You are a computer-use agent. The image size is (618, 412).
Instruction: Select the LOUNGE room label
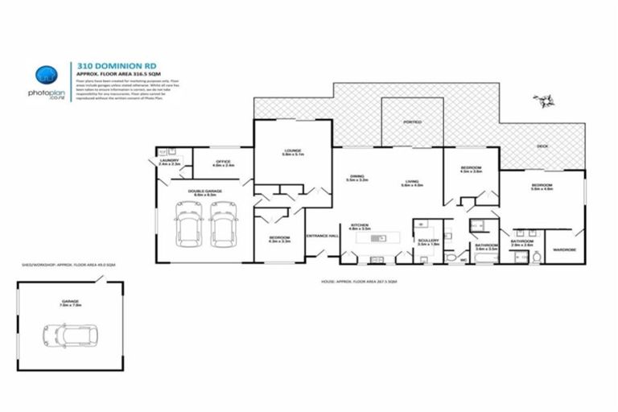[292, 150]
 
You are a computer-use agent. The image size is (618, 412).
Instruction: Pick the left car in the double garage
[189, 224]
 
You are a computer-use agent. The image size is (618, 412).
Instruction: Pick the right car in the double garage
[222, 224]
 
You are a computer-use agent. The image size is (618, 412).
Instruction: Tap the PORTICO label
[411, 122]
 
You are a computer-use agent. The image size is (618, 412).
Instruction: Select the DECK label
[542, 146]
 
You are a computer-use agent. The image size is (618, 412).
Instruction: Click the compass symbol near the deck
[545, 100]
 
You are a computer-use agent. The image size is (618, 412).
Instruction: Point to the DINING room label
[356, 178]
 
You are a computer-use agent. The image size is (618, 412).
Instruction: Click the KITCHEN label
[358, 227]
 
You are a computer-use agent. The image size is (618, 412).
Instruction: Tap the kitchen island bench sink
[383, 237]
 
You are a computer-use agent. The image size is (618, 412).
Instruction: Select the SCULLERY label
[427, 240]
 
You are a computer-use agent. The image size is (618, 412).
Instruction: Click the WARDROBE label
[562, 249]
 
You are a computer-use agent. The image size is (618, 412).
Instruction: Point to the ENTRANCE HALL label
[322, 236]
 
